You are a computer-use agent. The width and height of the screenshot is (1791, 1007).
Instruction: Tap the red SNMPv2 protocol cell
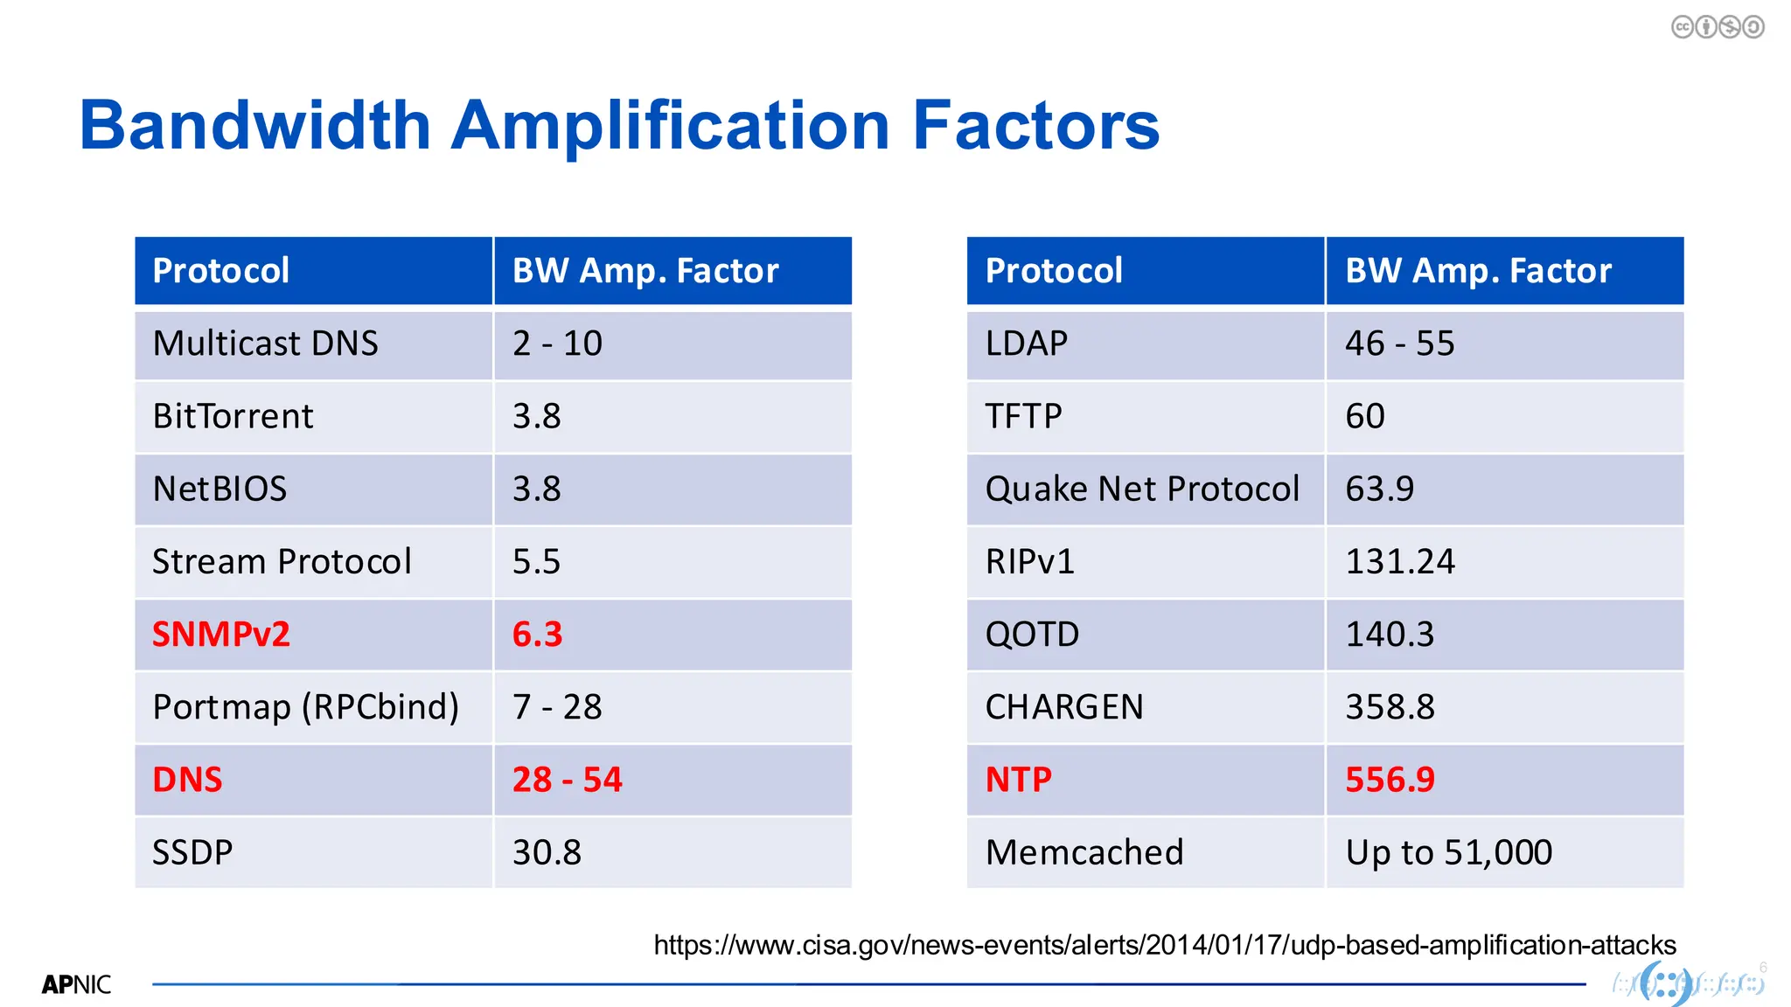tap(221, 635)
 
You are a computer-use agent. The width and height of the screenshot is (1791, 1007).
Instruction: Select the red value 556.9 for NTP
tap(1390, 780)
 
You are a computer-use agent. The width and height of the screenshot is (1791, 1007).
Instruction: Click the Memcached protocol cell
tap(1084, 852)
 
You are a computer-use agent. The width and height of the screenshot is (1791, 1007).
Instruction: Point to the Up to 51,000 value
tap(1448, 852)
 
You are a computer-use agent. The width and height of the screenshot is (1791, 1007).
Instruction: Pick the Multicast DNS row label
tap(265, 344)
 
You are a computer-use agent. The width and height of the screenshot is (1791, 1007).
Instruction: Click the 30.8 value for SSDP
tap(547, 852)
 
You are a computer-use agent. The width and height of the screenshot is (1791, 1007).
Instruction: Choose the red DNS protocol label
tap(187, 780)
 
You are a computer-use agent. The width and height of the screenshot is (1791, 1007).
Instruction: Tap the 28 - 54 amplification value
tap(567, 780)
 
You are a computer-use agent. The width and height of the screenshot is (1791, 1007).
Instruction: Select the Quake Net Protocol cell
tap(1142, 490)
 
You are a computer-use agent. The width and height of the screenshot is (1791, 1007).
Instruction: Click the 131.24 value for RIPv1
tap(1399, 562)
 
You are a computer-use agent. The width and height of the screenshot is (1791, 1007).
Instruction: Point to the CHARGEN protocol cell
tap(1064, 707)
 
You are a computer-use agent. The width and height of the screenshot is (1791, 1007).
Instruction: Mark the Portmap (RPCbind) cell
tap(305, 707)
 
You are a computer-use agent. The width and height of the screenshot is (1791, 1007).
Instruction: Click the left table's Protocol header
tap(220, 271)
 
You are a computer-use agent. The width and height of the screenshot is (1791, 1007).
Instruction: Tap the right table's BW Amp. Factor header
tap(1478, 271)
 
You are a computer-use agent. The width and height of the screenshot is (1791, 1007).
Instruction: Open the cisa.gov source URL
tap(1165, 945)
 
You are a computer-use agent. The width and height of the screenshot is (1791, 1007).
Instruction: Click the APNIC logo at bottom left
tap(76, 985)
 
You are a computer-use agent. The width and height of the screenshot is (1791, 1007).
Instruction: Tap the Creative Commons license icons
tap(1718, 27)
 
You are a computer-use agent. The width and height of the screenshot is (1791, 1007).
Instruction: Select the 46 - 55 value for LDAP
tap(1399, 344)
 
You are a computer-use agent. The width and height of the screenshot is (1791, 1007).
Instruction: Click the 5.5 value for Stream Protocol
tap(536, 562)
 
